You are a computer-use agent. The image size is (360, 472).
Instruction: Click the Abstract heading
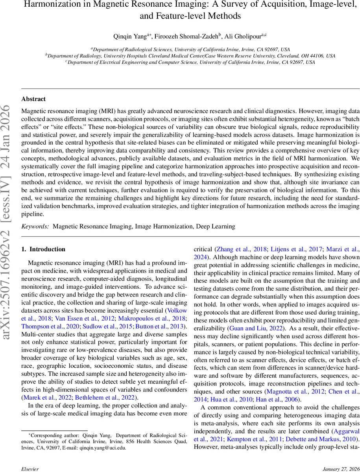tap(33, 99)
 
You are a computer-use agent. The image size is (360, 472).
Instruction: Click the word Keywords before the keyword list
tap(35, 227)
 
